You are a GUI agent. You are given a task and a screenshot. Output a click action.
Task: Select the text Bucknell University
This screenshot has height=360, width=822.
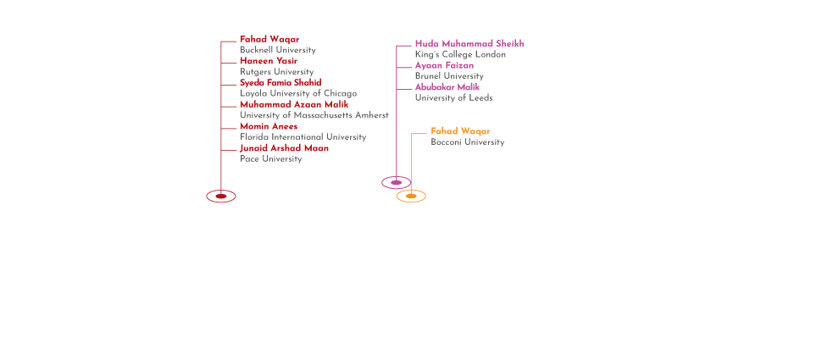278,50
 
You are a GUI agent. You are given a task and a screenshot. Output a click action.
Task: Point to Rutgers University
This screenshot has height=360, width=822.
276,72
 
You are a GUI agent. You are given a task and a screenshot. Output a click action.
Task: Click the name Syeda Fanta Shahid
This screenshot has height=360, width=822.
280,82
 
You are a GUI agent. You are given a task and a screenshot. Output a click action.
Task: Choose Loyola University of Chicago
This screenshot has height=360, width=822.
298,93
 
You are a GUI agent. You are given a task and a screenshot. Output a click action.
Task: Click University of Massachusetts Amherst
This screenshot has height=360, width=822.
314,114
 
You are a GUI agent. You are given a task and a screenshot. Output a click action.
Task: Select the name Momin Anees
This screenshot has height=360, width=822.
269,126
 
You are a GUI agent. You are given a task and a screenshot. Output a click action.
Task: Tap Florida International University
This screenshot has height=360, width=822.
303,136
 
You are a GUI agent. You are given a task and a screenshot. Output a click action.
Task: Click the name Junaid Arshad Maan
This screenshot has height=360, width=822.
284,147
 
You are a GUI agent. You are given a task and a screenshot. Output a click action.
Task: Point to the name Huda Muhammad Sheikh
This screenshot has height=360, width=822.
469,43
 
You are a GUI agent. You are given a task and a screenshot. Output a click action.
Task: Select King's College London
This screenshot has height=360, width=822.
460,54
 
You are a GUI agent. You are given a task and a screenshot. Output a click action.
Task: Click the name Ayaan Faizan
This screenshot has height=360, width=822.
444,65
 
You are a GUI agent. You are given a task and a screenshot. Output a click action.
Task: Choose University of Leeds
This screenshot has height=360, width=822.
453,97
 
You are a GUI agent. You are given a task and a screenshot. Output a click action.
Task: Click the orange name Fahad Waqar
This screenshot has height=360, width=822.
460,131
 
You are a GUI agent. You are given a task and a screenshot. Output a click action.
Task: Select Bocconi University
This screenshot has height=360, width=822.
467,142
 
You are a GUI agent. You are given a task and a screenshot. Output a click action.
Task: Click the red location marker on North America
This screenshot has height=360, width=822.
221,196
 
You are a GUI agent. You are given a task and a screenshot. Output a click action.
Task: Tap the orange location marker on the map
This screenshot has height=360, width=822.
412,197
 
